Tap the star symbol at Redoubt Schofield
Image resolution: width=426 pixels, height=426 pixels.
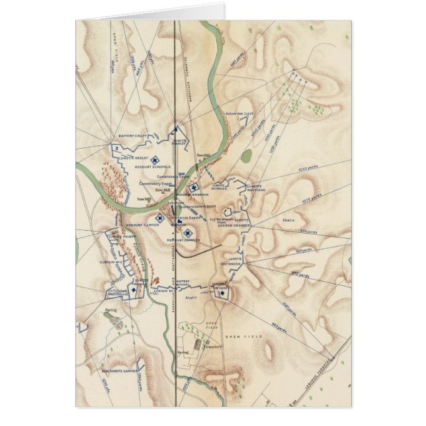click(155, 159)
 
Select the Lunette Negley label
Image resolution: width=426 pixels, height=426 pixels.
click(133, 157)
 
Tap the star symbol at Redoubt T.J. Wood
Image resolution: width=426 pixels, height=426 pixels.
click(159, 218)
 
